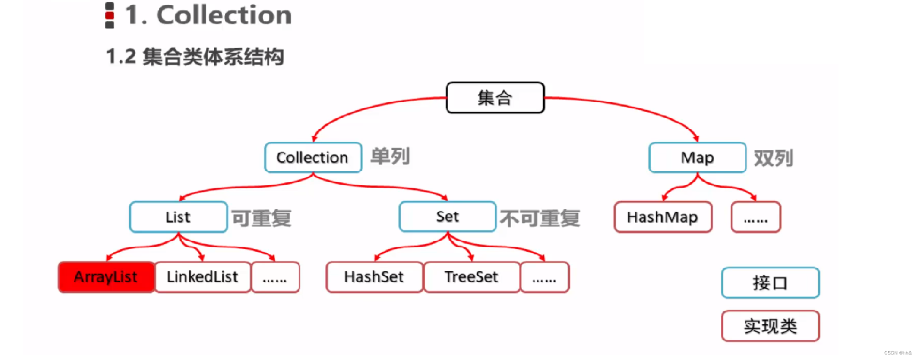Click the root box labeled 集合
495,98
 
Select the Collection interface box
313,158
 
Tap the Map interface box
697,158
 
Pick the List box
178,217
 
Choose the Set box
447,217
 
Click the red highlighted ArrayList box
106,277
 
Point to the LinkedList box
202,277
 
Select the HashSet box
374,277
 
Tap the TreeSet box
471,277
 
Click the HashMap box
662,217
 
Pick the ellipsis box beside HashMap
756,217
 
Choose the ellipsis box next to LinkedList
275,277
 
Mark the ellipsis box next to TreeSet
545,277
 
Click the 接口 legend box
770,283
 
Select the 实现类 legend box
770,326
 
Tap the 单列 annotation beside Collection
390,156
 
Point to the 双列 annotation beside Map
773,158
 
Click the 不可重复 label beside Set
540,218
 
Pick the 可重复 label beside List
262,218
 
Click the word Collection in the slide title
224,15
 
